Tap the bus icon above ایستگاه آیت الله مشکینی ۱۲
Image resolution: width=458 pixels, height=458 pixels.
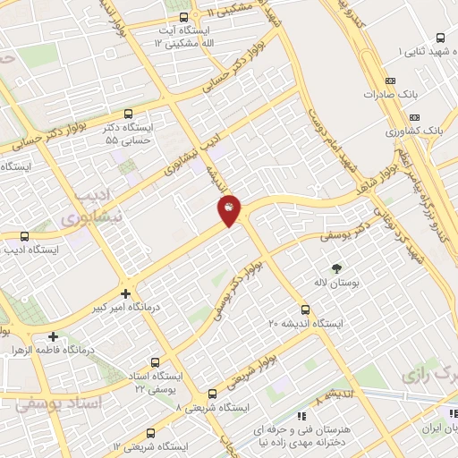coord(183,17)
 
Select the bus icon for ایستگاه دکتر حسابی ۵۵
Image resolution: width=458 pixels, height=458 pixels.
coord(129,114)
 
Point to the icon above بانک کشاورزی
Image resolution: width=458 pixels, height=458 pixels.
coord(414,117)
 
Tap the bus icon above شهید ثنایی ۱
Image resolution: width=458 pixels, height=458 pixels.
coord(439,38)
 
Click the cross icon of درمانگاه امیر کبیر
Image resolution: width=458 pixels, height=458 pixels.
coord(125,293)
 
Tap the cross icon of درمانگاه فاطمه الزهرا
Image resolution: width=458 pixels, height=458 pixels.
coord(54,337)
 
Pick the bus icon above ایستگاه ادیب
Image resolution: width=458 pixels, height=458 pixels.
coord(23,237)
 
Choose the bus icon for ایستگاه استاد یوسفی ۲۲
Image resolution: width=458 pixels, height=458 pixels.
coord(156,363)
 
